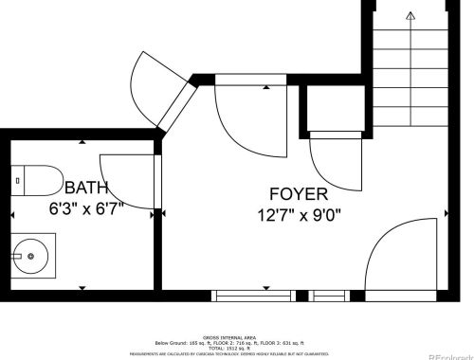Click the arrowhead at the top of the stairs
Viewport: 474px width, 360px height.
pyautogui.click(x=410, y=15)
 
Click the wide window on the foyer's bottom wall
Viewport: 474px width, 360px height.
pyautogui.click(x=252, y=296)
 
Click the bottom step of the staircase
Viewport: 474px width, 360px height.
pyautogui.click(x=410, y=123)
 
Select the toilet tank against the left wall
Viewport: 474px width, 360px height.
pyautogui.click(x=18, y=180)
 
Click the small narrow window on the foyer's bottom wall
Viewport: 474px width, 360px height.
pyautogui.click(x=329, y=296)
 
